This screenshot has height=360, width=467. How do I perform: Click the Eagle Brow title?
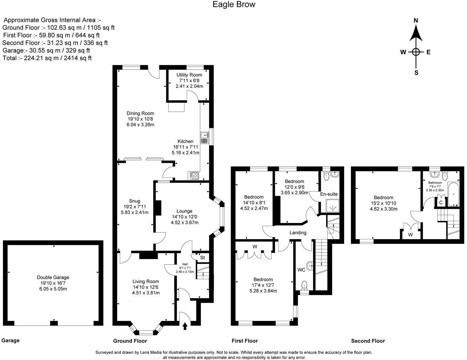pos(233,4)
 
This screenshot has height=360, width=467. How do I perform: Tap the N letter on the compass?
pos(416,20)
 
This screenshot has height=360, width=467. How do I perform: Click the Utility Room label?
pos(189,75)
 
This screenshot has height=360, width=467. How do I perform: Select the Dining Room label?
pos(140,113)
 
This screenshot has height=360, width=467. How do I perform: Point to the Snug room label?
pos(135,201)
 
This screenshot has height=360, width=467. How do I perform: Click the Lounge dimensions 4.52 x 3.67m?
pos(184,223)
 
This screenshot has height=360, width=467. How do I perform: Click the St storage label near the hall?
pos(202,258)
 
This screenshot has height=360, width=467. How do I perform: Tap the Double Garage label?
pos(53,277)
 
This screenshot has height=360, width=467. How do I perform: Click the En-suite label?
pos(329,194)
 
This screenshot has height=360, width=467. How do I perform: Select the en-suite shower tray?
pos(331,206)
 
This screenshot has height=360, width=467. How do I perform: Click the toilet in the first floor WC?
pos(304,285)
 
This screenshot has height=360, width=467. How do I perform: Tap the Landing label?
pos(298,233)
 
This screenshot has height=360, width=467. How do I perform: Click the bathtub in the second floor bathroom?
pos(453,194)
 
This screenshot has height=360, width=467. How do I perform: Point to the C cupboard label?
pos(441,203)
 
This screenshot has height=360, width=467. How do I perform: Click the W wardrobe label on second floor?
pos(410,235)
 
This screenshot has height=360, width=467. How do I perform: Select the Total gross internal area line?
pos(47,58)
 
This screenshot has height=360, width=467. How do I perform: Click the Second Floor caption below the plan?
pos(368,341)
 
